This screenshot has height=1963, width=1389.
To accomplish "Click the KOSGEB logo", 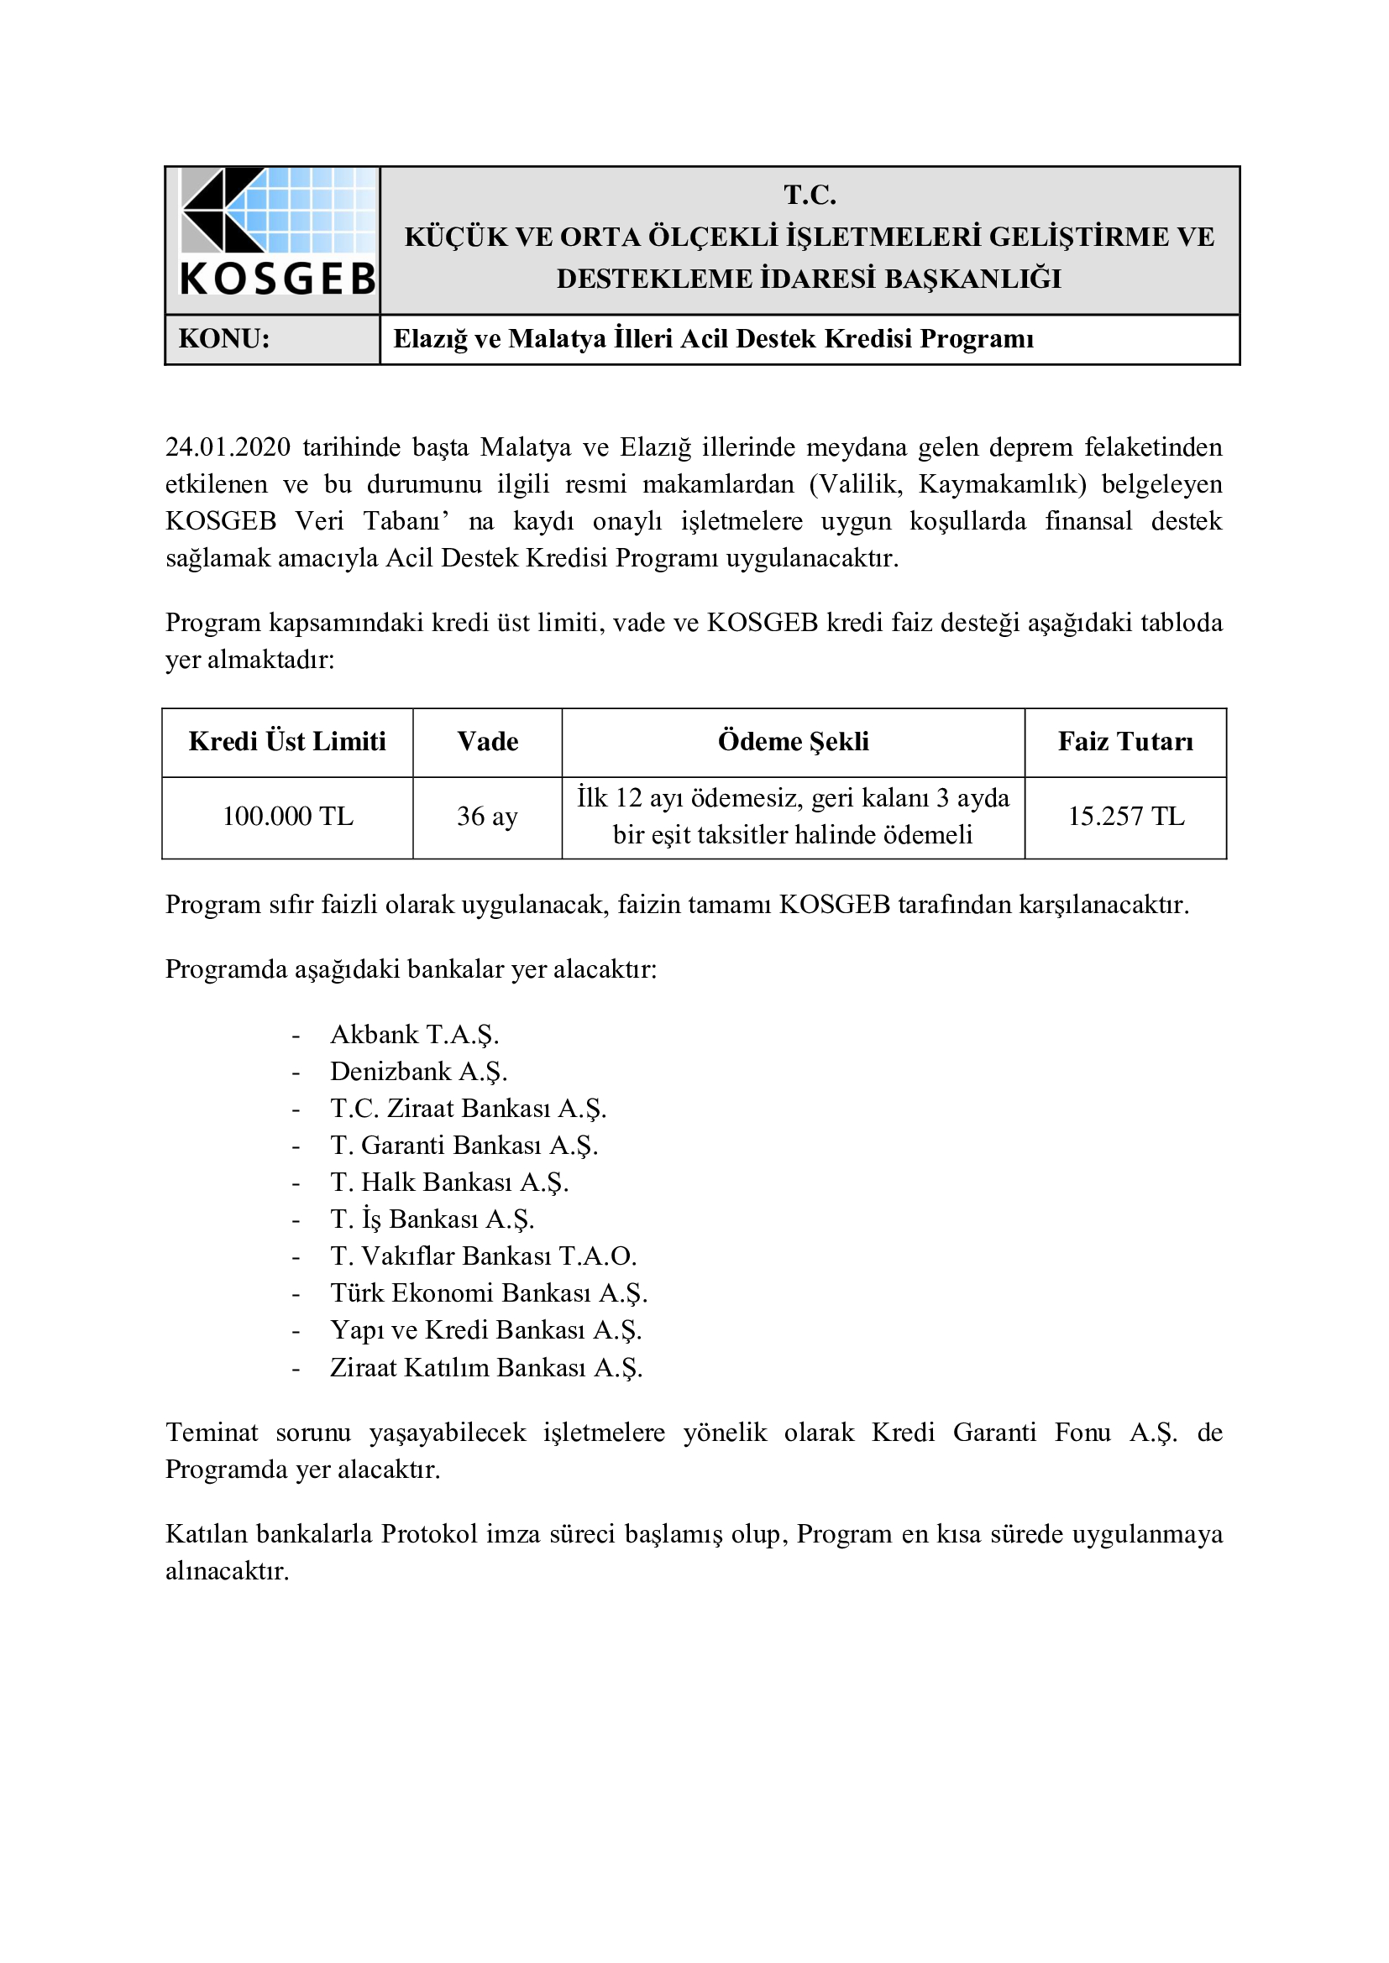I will click(x=277, y=232).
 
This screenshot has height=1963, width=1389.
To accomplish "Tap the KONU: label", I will click(x=224, y=339).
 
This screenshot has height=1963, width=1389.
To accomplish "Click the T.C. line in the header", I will click(x=809, y=196).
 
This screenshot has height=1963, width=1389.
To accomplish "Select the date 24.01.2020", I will click(x=228, y=447).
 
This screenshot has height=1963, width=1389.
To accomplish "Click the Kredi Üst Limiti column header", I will click(x=287, y=741).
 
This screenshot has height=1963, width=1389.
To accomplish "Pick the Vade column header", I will click(x=488, y=741).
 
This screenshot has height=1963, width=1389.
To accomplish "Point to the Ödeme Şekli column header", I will click(x=793, y=741).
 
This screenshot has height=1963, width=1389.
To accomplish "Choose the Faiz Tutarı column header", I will click(x=1124, y=741).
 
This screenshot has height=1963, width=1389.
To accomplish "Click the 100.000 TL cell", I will click(x=287, y=817).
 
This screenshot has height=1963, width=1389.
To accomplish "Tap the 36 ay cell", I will click(x=488, y=817).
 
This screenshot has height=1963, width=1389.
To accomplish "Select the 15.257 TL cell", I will click(x=1125, y=817).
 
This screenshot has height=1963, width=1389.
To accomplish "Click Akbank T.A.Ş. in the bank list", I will click(x=414, y=1035).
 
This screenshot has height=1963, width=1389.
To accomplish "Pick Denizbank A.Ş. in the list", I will click(x=418, y=1071).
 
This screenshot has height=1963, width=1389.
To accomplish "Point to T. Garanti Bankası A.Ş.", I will click(x=464, y=1145).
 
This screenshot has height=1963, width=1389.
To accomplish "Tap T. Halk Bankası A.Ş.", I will click(x=449, y=1182).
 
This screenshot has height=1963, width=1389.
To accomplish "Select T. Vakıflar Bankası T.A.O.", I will click(x=483, y=1256).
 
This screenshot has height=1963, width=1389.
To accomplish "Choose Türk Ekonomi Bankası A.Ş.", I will click(x=489, y=1292).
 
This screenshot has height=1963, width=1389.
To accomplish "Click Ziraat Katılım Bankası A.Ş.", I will click(x=485, y=1367).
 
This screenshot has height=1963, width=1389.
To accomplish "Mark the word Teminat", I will click(x=212, y=1432).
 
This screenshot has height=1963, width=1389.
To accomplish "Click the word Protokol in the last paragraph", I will click(x=429, y=1534).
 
